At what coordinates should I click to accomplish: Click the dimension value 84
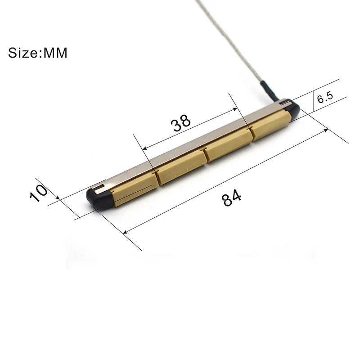pyautogui.click(x=232, y=197)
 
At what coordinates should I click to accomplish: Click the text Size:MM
pyautogui.click(x=38, y=53)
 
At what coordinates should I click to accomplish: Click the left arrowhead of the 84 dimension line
pyautogui.click(x=125, y=232)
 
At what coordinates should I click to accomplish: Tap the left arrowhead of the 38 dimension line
pyautogui.click(x=144, y=149)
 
